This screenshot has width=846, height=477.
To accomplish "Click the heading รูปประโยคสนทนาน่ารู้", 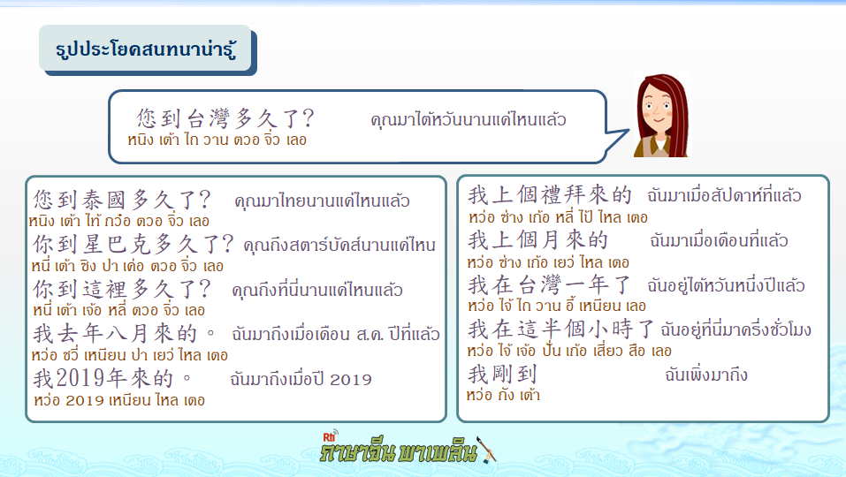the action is click(146, 49).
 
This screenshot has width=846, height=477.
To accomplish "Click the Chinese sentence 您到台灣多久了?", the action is click(225, 118).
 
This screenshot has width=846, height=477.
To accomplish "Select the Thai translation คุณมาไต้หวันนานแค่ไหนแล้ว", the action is click(469, 119).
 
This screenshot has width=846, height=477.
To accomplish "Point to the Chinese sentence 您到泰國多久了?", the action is click(122, 200).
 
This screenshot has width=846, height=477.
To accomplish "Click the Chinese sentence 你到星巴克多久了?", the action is click(133, 245).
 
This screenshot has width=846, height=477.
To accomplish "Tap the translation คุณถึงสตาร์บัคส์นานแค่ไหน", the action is click(339, 246).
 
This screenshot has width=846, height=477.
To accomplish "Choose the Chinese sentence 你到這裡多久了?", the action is click(122, 290).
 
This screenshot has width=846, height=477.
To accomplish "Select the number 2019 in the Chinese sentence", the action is click(80, 378).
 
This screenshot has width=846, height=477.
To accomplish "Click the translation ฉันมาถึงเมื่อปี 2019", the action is click(301, 380).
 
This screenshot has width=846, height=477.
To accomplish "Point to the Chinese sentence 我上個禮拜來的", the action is click(549, 194).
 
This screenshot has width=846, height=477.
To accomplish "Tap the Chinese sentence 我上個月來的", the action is click(538, 240).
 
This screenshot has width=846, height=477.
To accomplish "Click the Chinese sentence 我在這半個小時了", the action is click(561, 329).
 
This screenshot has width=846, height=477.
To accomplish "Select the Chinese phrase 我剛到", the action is click(502, 374).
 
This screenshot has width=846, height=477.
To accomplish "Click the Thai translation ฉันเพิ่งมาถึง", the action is click(706, 375).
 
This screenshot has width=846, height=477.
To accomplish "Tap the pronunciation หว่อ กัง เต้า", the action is click(503, 395).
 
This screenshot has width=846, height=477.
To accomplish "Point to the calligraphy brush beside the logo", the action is click(487, 450).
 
